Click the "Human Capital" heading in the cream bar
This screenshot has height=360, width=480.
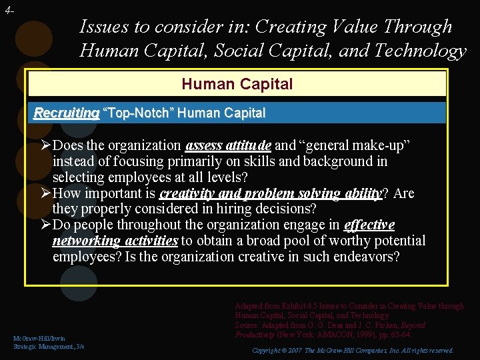[237, 84]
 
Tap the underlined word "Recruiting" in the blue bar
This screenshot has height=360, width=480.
[66, 113]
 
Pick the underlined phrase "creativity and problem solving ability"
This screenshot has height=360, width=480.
[270, 193]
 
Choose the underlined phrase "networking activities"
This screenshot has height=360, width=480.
[115, 241]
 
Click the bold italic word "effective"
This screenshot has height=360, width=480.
[369, 225]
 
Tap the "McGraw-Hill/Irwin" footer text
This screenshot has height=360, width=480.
[39, 339]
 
